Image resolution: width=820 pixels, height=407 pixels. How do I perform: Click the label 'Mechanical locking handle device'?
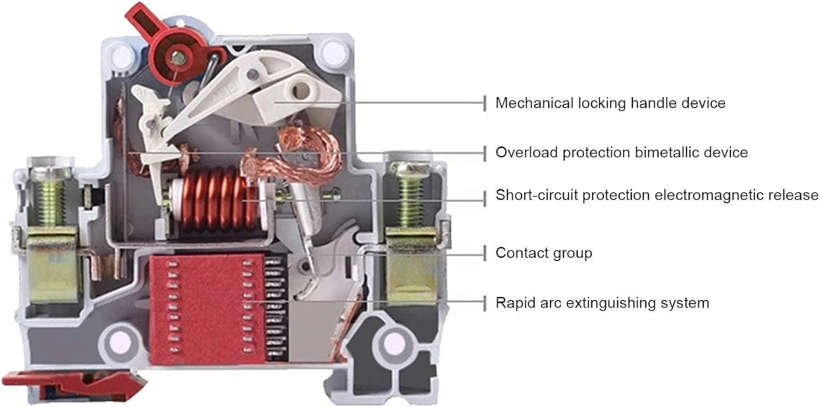click(x=610, y=103)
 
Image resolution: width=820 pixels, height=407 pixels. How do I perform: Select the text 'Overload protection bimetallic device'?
click(x=621, y=152)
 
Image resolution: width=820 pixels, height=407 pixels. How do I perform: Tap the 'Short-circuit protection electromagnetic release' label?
click(x=657, y=195)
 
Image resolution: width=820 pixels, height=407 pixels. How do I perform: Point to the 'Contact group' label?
click(x=543, y=253)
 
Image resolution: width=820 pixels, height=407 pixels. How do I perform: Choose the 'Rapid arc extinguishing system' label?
click(x=602, y=303)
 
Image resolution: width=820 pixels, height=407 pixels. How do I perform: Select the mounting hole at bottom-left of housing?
click(x=118, y=343)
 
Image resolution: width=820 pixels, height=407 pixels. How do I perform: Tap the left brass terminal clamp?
click(x=52, y=262)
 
